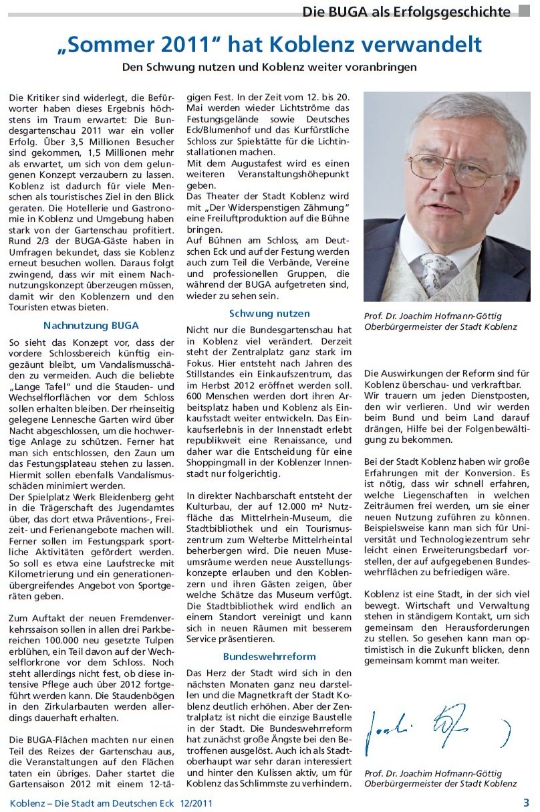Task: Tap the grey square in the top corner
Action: (524, 11)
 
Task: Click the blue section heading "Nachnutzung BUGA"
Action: (91, 326)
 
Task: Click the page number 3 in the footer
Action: (525, 802)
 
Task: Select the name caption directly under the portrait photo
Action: (441, 321)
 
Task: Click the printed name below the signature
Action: (441, 778)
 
